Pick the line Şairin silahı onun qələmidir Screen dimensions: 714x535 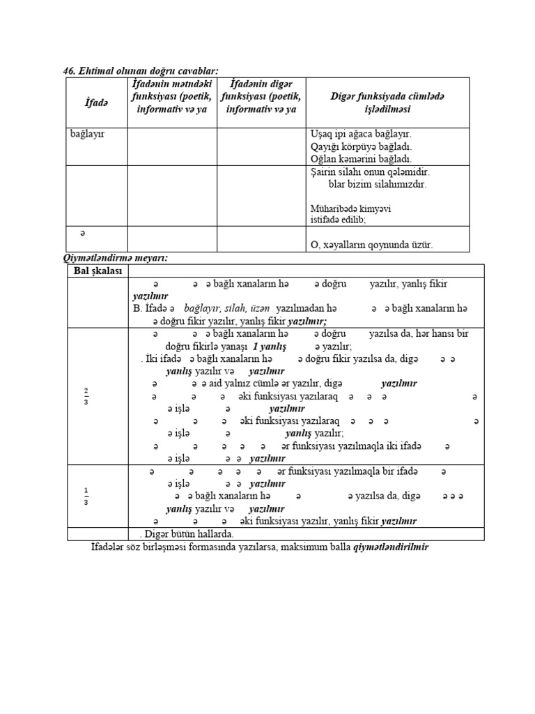click(x=369, y=172)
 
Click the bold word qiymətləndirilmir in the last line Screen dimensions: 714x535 click(x=391, y=547)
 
